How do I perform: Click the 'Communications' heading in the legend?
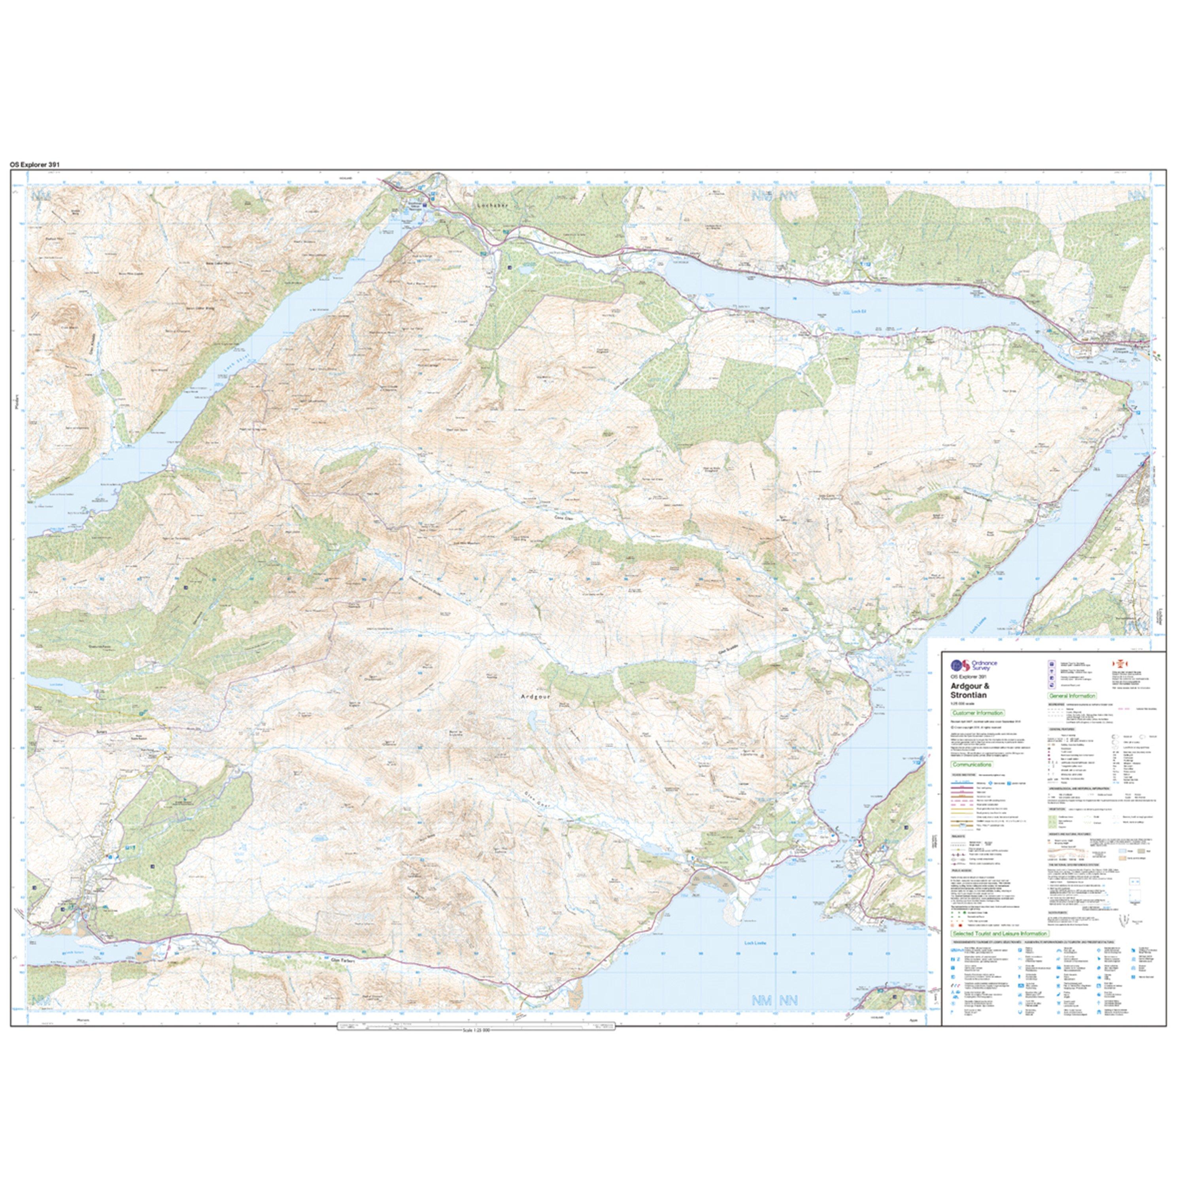coord(971,765)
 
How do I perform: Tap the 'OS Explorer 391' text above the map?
coord(34,164)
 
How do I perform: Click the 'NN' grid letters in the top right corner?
coord(1138,195)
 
